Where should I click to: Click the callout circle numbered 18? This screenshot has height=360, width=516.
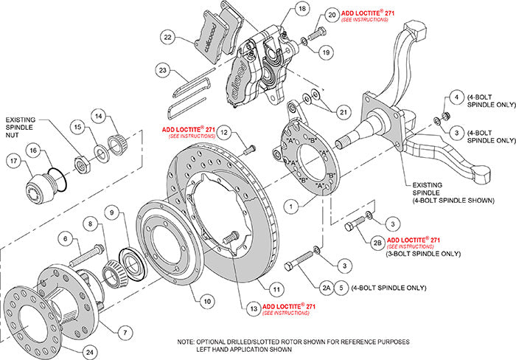pyautogui.click(x=281, y=10)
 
